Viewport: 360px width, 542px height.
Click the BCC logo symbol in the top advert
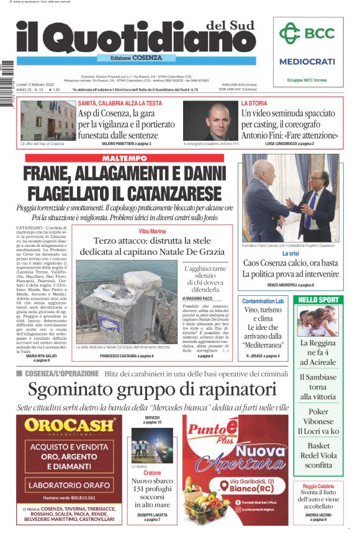pos(289,33)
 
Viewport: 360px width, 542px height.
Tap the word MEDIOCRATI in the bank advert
pos(307,61)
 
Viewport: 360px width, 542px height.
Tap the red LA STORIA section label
pos(254,104)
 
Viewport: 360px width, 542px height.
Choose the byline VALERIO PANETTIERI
pos(122,143)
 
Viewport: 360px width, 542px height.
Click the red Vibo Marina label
pos(151,231)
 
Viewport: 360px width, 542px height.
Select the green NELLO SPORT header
pos(318,300)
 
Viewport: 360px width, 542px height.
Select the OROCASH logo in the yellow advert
pos(70,425)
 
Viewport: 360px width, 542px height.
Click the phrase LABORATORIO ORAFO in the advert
pos(70,484)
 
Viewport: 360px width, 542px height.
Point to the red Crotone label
pos(152,473)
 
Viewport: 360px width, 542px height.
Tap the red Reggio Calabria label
pos(318,486)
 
